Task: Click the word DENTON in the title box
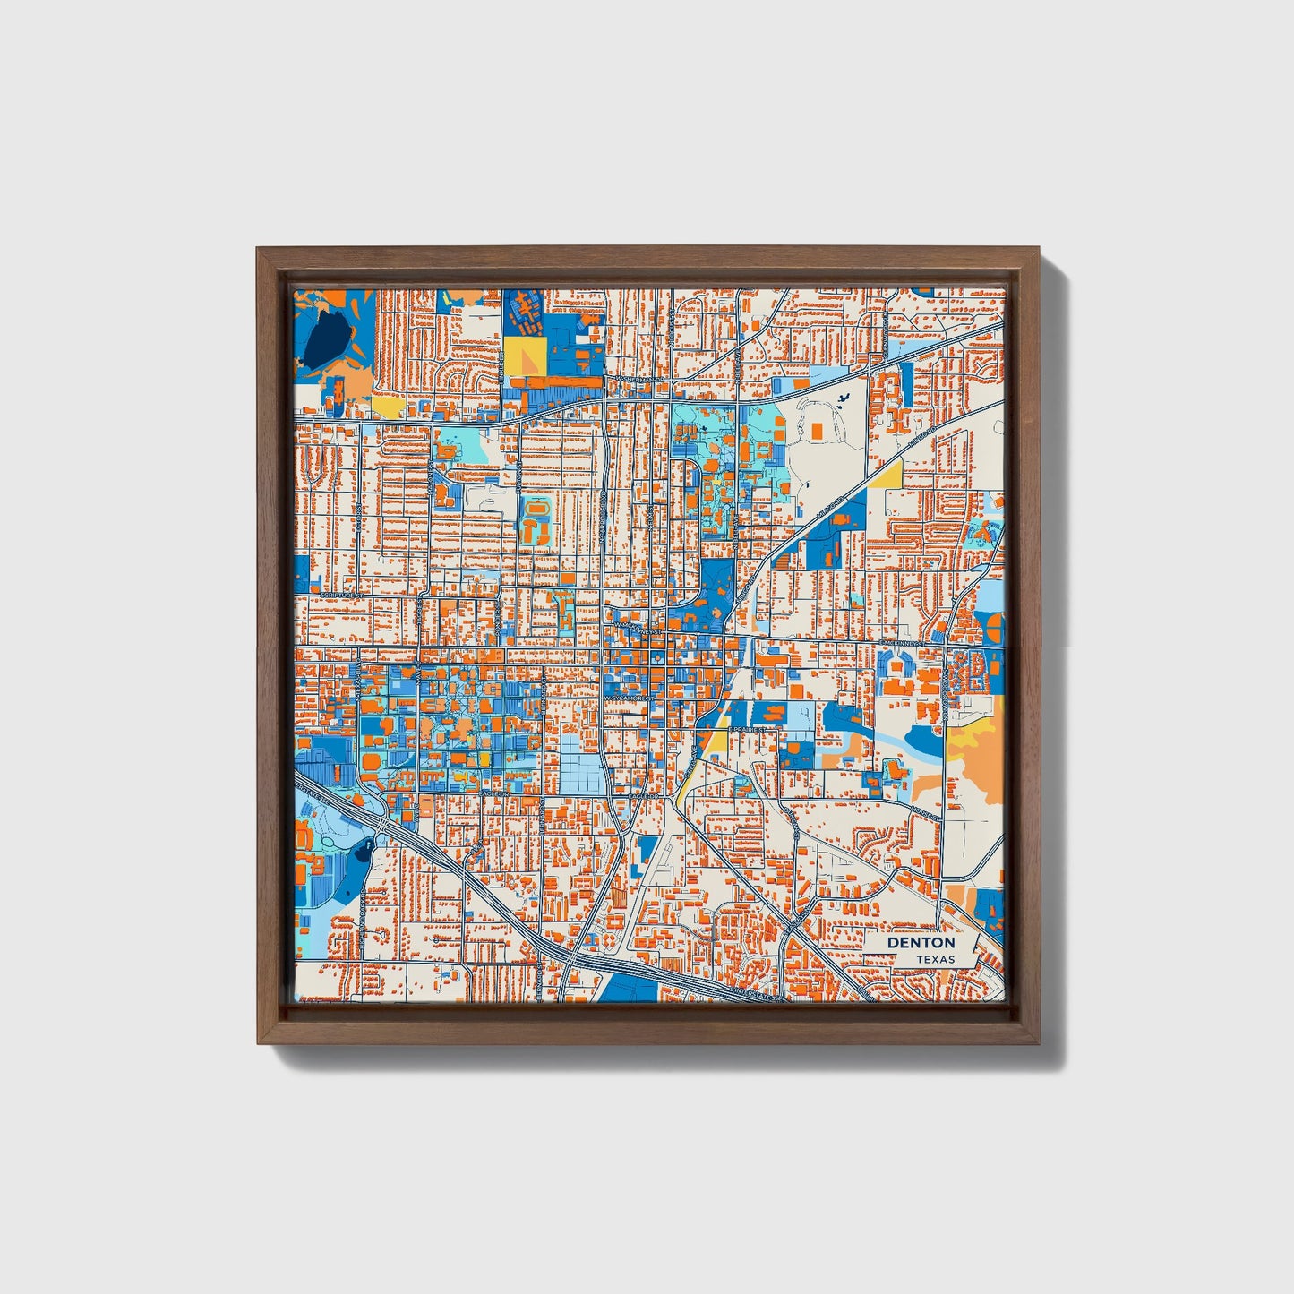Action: click(921, 943)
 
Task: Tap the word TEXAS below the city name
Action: click(935, 959)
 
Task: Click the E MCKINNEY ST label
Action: click(902, 643)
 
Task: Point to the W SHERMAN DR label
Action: click(639, 380)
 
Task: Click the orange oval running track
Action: click(536, 513)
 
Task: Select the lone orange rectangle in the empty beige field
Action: click(816, 432)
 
